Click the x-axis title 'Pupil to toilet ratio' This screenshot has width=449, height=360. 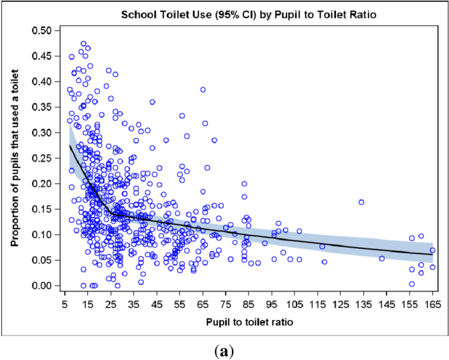(247, 320)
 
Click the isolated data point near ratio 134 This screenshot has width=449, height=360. (361, 202)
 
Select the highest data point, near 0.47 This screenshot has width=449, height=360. (84, 44)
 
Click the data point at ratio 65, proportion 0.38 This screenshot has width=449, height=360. (203, 90)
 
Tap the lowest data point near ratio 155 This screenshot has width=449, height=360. (412, 284)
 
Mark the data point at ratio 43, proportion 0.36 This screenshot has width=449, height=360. (152, 102)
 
